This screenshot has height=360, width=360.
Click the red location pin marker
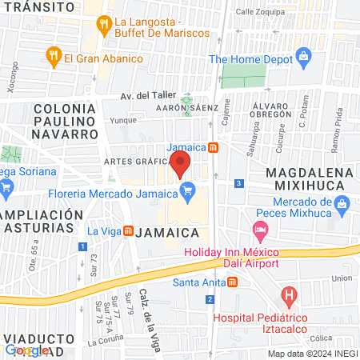click(181, 166)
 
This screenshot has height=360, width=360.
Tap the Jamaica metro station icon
click(212, 147)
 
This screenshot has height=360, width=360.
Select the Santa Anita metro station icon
click(232, 282)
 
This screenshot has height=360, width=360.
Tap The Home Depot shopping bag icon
click(303, 58)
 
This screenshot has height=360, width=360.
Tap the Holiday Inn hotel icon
click(260, 232)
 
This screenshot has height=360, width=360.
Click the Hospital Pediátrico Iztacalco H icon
click(289, 298)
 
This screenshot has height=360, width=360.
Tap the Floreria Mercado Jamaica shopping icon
click(190, 190)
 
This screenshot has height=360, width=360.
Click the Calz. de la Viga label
click(146, 308)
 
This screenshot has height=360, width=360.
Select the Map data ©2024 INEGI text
click(311, 353)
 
